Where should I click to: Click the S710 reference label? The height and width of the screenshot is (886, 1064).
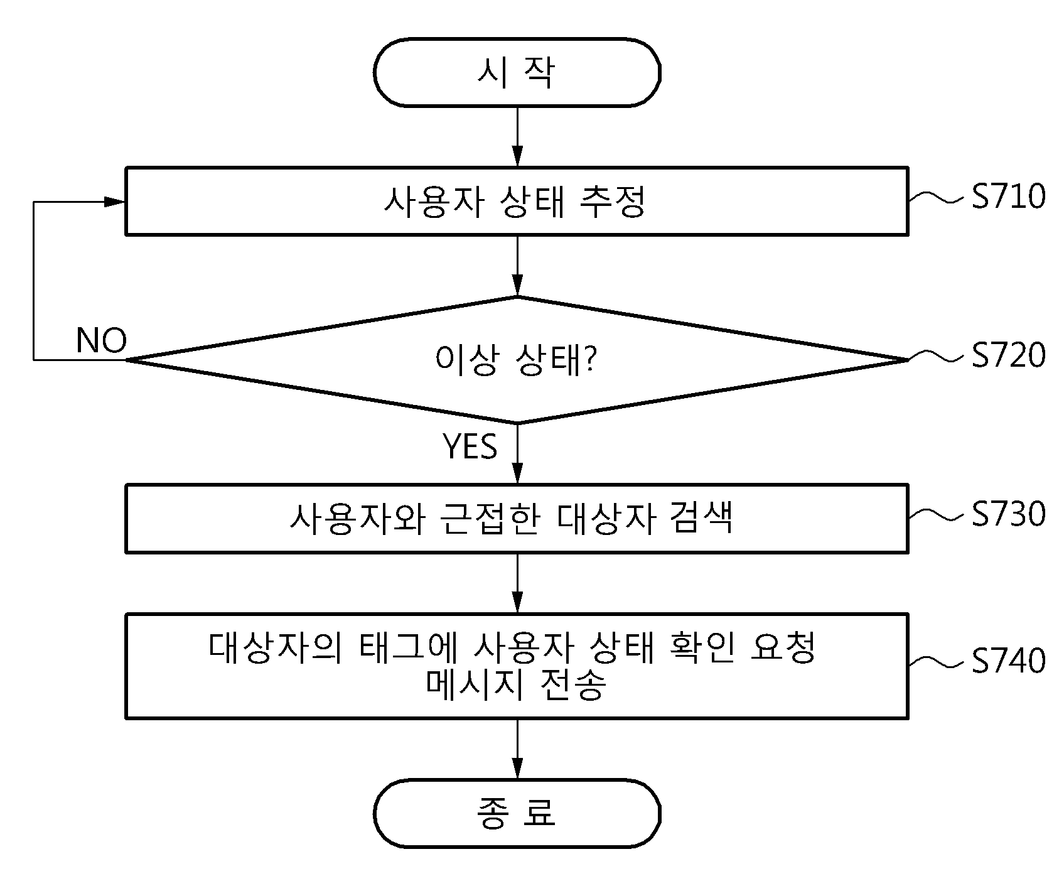coord(1009,197)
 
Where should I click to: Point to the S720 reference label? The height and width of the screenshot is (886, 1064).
coord(1009,355)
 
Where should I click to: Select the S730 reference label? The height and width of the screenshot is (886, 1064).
coord(1009,514)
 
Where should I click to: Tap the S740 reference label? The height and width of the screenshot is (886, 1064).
coord(1009,661)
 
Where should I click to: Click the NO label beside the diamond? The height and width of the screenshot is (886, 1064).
coord(101,341)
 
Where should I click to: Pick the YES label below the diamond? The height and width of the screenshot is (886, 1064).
coord(470,446)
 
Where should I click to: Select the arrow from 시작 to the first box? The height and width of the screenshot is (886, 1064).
coord(517,136)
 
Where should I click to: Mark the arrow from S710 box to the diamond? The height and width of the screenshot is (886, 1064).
coord(517,266)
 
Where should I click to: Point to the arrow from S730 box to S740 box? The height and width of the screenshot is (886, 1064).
coord(517,583)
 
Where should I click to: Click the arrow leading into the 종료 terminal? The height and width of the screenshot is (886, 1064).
coord(517,749)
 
